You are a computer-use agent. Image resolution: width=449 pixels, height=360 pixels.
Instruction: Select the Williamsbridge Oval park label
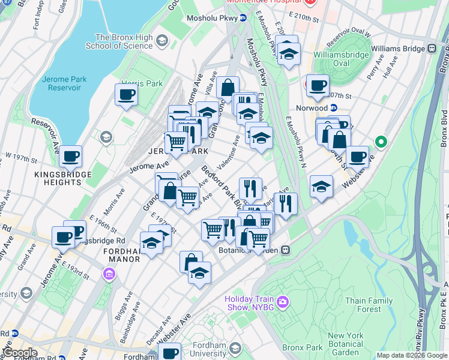[341, 59]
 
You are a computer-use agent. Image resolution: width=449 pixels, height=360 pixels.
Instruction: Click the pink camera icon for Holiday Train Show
[283, 300]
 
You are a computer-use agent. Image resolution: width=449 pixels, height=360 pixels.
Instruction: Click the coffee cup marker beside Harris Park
[126, 94]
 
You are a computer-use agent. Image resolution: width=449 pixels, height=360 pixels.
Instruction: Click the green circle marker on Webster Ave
[381, 142]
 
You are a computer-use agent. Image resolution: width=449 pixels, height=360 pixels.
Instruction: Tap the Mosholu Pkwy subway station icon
[243, 18]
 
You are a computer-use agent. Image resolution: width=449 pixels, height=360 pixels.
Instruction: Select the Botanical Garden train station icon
[286, 249]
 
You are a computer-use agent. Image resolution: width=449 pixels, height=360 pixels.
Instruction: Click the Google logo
[19, 353]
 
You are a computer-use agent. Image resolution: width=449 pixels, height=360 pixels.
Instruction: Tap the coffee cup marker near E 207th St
[318, 85]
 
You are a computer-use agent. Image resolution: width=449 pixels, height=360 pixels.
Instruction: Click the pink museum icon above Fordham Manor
[109, 275]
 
